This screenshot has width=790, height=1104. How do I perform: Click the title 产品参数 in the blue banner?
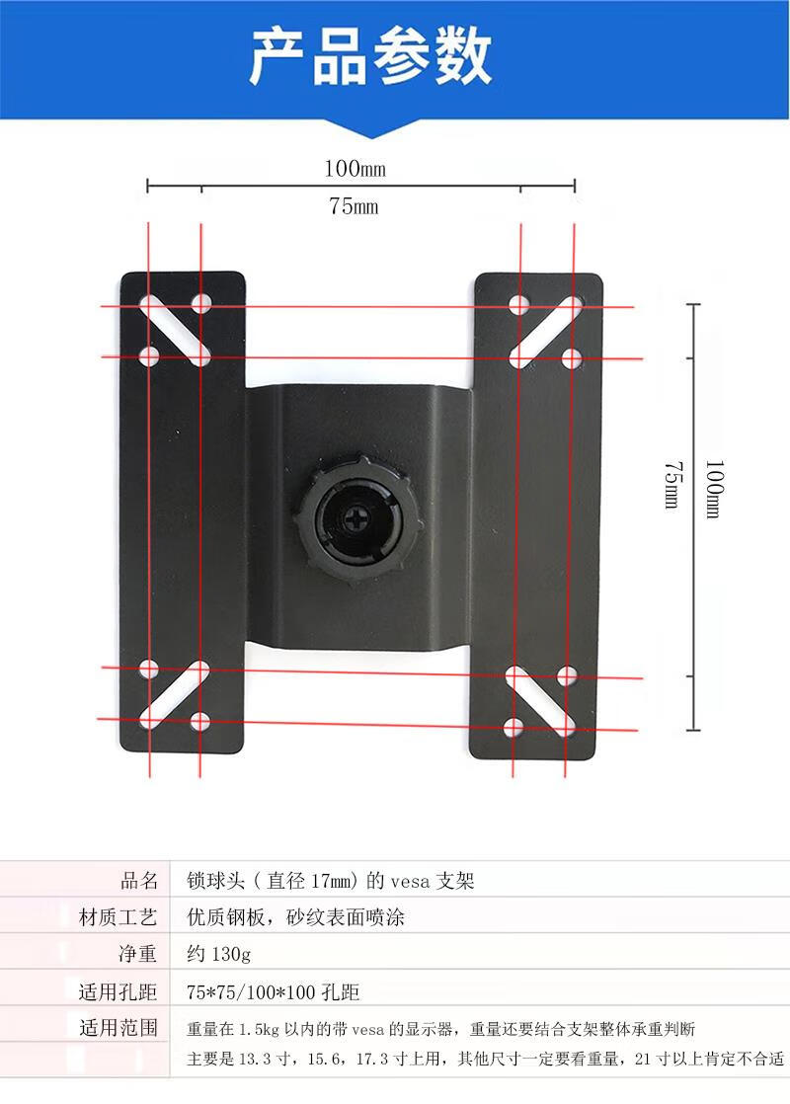click(370, 56)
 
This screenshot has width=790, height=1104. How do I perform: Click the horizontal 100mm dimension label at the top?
click(355, 168)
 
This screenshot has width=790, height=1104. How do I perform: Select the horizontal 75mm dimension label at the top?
click(354, 205)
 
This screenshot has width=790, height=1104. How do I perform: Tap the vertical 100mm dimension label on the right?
click(714, 490)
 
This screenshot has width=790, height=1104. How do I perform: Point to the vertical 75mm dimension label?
click(673, 485)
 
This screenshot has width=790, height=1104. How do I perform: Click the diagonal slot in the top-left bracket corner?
click(176, 331)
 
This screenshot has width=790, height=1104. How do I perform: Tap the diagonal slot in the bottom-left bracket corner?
click(175, 694)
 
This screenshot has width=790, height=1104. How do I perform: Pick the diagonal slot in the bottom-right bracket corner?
click(541, 700)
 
